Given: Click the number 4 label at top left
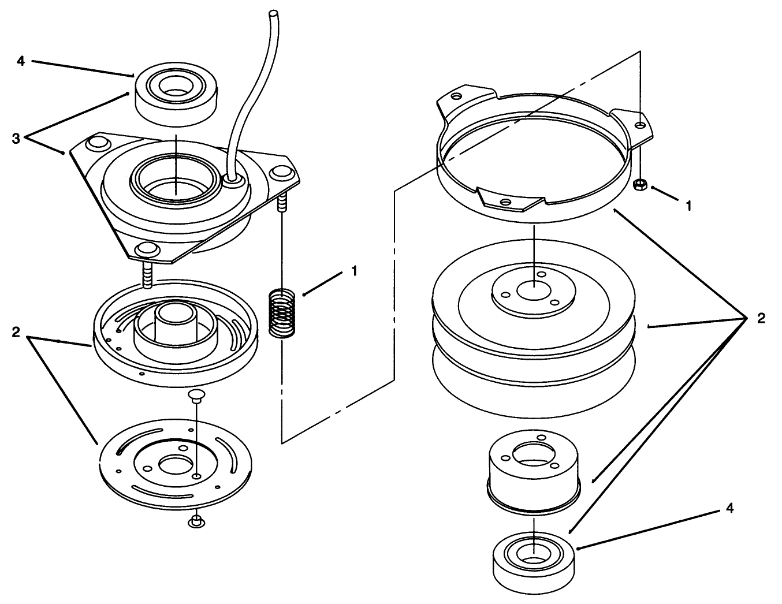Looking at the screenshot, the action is coord(21,62).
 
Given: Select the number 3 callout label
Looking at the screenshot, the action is coord(16,139).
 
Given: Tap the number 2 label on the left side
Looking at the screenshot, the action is coord(16,333).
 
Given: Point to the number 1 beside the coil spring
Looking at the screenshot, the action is coord(355,271).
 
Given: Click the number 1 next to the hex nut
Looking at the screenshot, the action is coord(689,206).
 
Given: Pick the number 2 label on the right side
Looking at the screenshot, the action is coord(761,318).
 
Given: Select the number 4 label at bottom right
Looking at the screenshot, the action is coord(729,508).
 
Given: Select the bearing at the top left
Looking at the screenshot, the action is coord(176,94).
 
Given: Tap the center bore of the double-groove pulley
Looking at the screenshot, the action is coord(534,290).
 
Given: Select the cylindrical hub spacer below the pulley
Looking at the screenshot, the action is coord(534,472).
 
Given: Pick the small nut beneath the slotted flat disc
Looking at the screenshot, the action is coord(196,521).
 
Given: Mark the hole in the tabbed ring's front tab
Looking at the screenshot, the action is coord(506,203).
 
